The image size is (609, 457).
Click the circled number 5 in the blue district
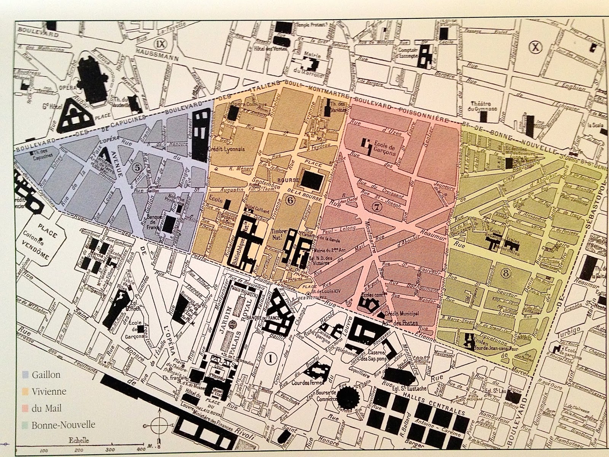point(136,166)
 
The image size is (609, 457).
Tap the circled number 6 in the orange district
point(290,201)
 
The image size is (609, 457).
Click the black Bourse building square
point(311,177)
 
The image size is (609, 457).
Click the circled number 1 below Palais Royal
point(271,358)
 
